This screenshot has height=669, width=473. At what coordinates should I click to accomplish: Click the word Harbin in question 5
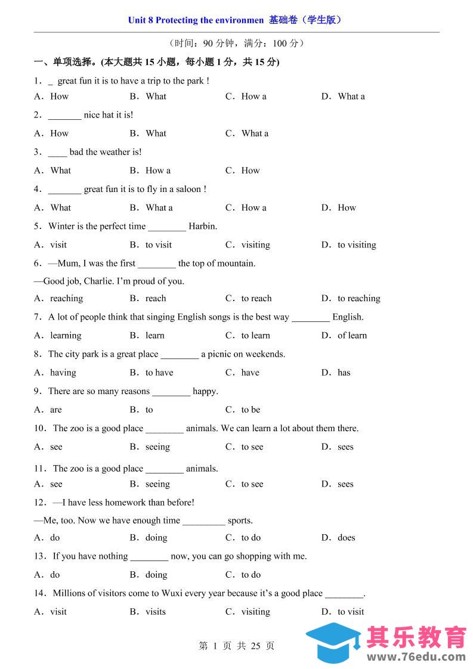coord(202,227)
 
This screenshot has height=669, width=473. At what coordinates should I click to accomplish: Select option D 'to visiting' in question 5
coord(356,245)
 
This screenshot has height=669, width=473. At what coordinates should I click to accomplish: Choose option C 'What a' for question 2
coord(255,134)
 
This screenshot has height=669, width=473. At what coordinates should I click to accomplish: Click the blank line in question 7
coord(310,318)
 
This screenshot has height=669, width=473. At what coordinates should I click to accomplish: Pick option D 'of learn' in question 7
coord(352,336)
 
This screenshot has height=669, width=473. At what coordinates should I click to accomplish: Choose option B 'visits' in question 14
coord(156,612)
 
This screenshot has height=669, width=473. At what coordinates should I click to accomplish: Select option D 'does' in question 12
coord(346,538)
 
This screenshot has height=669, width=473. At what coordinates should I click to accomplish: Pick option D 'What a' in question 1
coord(351,97)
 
